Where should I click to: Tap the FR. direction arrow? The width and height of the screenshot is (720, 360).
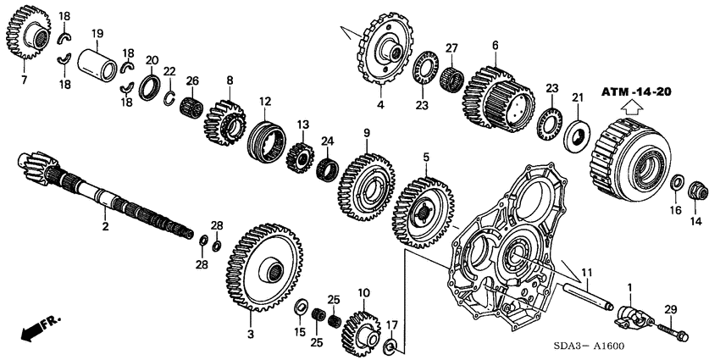(37, 329)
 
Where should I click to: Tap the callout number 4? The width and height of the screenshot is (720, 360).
(380, 105)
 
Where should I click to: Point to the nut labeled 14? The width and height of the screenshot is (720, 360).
(696, 191)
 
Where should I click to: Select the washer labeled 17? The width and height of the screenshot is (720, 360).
(391, 346)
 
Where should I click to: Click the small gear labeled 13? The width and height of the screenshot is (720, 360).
(301, 157)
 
